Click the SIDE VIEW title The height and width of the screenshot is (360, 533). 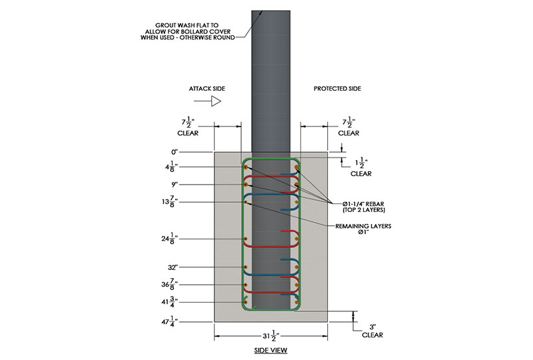[270, 350]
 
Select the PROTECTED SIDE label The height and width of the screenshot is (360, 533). [337, 89]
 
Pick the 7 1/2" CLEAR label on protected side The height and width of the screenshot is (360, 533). [348, 126]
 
